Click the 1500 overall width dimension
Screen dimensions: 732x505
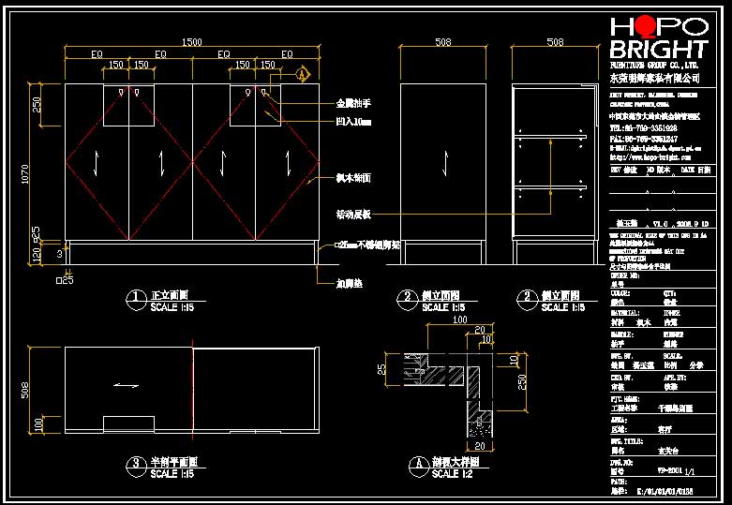pyautogui.click(x=191, y=42)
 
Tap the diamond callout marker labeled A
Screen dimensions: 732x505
pyautogui.click(x=302, y=73)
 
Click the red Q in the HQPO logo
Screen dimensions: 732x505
pyautogui.click(x=645, y=26)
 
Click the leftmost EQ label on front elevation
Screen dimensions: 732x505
pyautogui.click(x=97, y=55)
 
